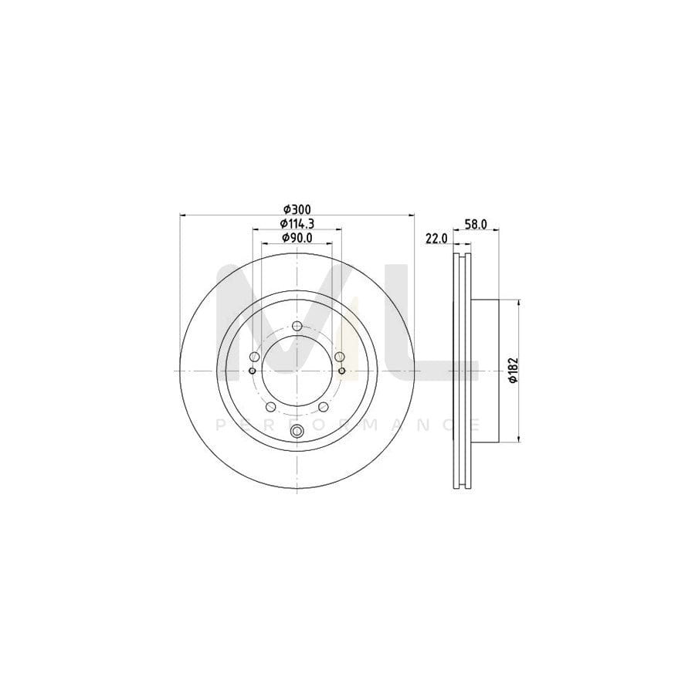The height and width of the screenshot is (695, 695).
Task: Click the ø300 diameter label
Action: [x=297, y=209]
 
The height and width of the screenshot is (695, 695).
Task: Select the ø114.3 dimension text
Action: [x=297, y=223]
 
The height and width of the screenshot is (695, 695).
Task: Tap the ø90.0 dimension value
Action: [x=297, y=238]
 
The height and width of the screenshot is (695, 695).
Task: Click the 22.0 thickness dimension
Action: [x=436, y=239]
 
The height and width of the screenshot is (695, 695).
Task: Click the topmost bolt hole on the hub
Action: [x=297, y=326]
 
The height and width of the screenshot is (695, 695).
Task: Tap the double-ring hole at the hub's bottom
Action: [x=297, y=432]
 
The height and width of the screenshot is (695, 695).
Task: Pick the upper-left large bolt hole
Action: [x=254, y=356]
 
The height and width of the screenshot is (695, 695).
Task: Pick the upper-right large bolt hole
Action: [x=339, y=356]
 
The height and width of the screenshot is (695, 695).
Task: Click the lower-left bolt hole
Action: [x=270, y=407]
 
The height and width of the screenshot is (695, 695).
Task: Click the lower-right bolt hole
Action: [x=323, y=407]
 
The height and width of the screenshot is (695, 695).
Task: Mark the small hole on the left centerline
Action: [x=253, y=371]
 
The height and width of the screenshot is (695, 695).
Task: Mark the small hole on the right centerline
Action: [x=341, y=371]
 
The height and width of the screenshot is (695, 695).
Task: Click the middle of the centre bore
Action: [x=297, y=371]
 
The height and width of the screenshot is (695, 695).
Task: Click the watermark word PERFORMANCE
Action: [x=347, y=425]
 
